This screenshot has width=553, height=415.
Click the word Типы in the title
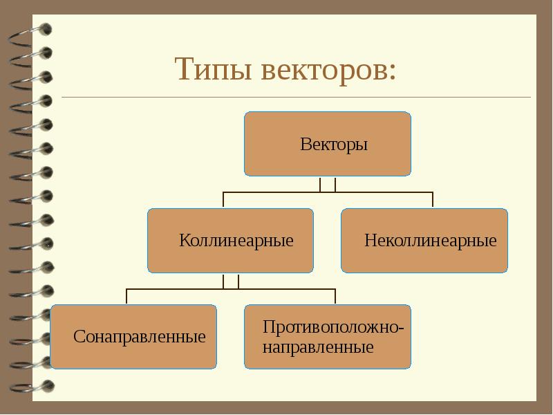click(213, 68)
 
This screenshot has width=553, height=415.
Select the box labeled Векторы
click(328, 144)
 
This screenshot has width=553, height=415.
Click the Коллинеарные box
click(231, 241)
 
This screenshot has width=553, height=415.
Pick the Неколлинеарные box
click(424, 241)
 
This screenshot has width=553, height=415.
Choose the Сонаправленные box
click(133, 337)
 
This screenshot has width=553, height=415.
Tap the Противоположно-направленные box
click(328, 337)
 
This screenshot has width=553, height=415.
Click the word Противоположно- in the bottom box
click(333, 326)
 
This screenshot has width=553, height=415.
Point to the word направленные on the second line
click(318, 347)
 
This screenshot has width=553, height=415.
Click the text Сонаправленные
click(140, 337)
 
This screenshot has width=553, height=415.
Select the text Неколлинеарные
click(430, 241)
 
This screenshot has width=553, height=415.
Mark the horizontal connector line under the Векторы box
click(328, 192)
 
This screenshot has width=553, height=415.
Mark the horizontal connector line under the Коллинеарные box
click(231, 289)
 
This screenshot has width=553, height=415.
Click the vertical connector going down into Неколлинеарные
click(433, 200)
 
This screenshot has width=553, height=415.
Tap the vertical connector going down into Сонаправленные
click(126, 297)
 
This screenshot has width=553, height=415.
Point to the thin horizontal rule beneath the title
click(297, 97)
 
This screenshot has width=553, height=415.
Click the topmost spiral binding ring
click(30, 36)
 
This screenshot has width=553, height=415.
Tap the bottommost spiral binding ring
click(32, 387)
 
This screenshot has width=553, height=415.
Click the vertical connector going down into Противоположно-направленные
click(335, 297)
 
